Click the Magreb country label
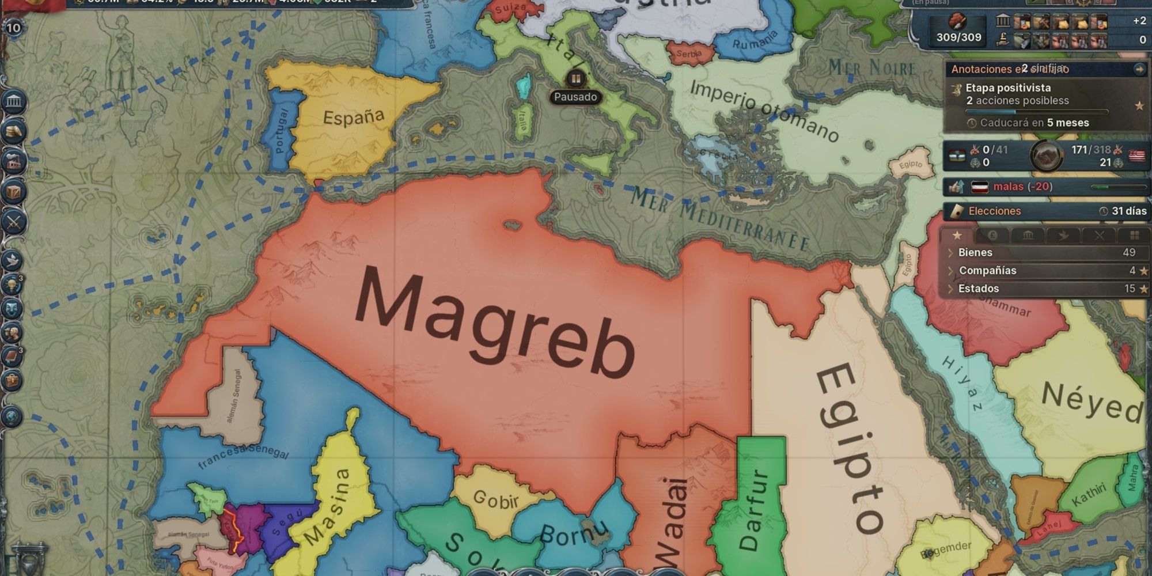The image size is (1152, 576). coord(495,323)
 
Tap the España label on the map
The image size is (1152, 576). coord(353,118)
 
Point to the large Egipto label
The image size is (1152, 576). coord(850,449)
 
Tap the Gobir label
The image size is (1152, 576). coord(495,500)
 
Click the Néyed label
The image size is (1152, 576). coord(1092,402)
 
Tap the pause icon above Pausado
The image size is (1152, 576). coord(575,78)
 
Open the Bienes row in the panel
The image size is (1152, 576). coord(975,252)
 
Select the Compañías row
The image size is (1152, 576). coord(987,270)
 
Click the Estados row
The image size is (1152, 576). coord(978,289)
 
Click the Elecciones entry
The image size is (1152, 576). coord(994,211)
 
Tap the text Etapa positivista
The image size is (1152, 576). coord(1008,88)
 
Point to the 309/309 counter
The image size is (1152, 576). coord(958,37)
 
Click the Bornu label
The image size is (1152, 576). coord(574,534)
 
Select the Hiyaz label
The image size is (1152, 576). coord(962,383)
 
